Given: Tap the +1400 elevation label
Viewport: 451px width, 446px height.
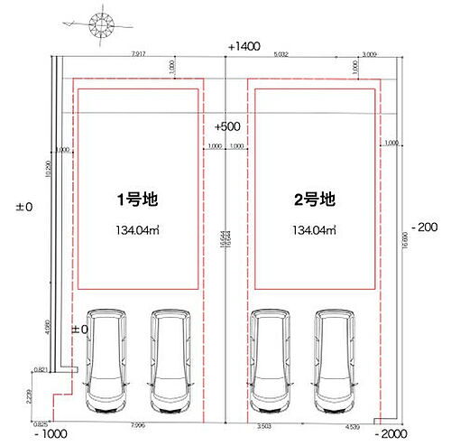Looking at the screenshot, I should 244,44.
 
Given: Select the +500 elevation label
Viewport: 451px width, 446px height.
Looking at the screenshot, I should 227,127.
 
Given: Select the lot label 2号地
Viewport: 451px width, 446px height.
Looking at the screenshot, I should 315,198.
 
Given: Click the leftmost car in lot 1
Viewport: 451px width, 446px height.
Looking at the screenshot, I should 106,360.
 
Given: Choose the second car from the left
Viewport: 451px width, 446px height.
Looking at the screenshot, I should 170,360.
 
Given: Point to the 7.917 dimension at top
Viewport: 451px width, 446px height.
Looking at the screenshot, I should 138,54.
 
